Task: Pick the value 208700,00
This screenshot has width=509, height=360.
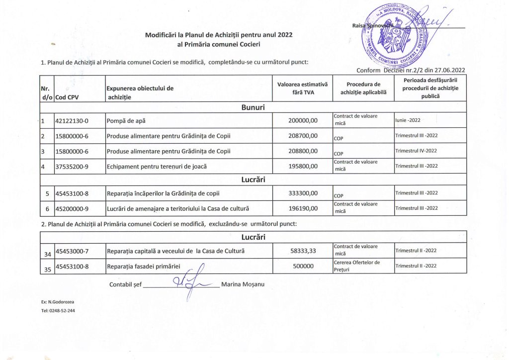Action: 303,136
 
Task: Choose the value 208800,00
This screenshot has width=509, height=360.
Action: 303,151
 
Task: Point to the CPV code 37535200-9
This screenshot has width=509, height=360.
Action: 72,166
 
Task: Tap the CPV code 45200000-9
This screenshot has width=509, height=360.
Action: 72,208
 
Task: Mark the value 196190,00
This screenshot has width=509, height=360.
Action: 303,208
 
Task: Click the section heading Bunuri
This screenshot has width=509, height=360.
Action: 253,107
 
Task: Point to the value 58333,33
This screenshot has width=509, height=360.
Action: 303,251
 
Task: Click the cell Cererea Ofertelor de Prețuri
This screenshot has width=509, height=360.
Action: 356,266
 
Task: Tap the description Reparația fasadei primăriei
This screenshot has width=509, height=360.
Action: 143,266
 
